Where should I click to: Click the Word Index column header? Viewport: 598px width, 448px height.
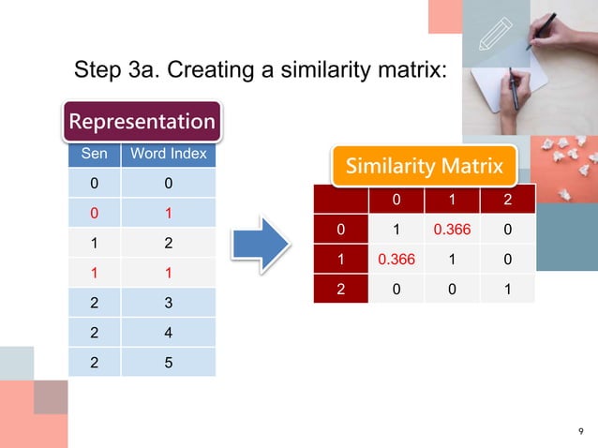click(x=169, y=154)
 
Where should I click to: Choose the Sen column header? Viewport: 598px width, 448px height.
click(x=93, y=154)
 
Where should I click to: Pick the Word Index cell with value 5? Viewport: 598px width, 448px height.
click(x=168, y=361)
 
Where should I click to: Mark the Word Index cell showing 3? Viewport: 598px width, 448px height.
click(x=168, y=302)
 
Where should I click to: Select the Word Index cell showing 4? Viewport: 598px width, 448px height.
click(x=168, y=332)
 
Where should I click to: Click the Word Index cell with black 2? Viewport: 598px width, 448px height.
click(x=168, y=243)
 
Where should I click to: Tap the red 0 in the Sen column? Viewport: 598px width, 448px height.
click(x=93, y=213)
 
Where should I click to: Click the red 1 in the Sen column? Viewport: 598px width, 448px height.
click(x=93, y=273)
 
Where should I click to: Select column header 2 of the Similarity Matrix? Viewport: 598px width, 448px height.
click(x=507, y=200)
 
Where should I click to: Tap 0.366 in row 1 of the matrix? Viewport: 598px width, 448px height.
click(x=396, y=258)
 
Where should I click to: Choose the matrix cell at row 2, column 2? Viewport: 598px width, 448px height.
click(x=507, y=288)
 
